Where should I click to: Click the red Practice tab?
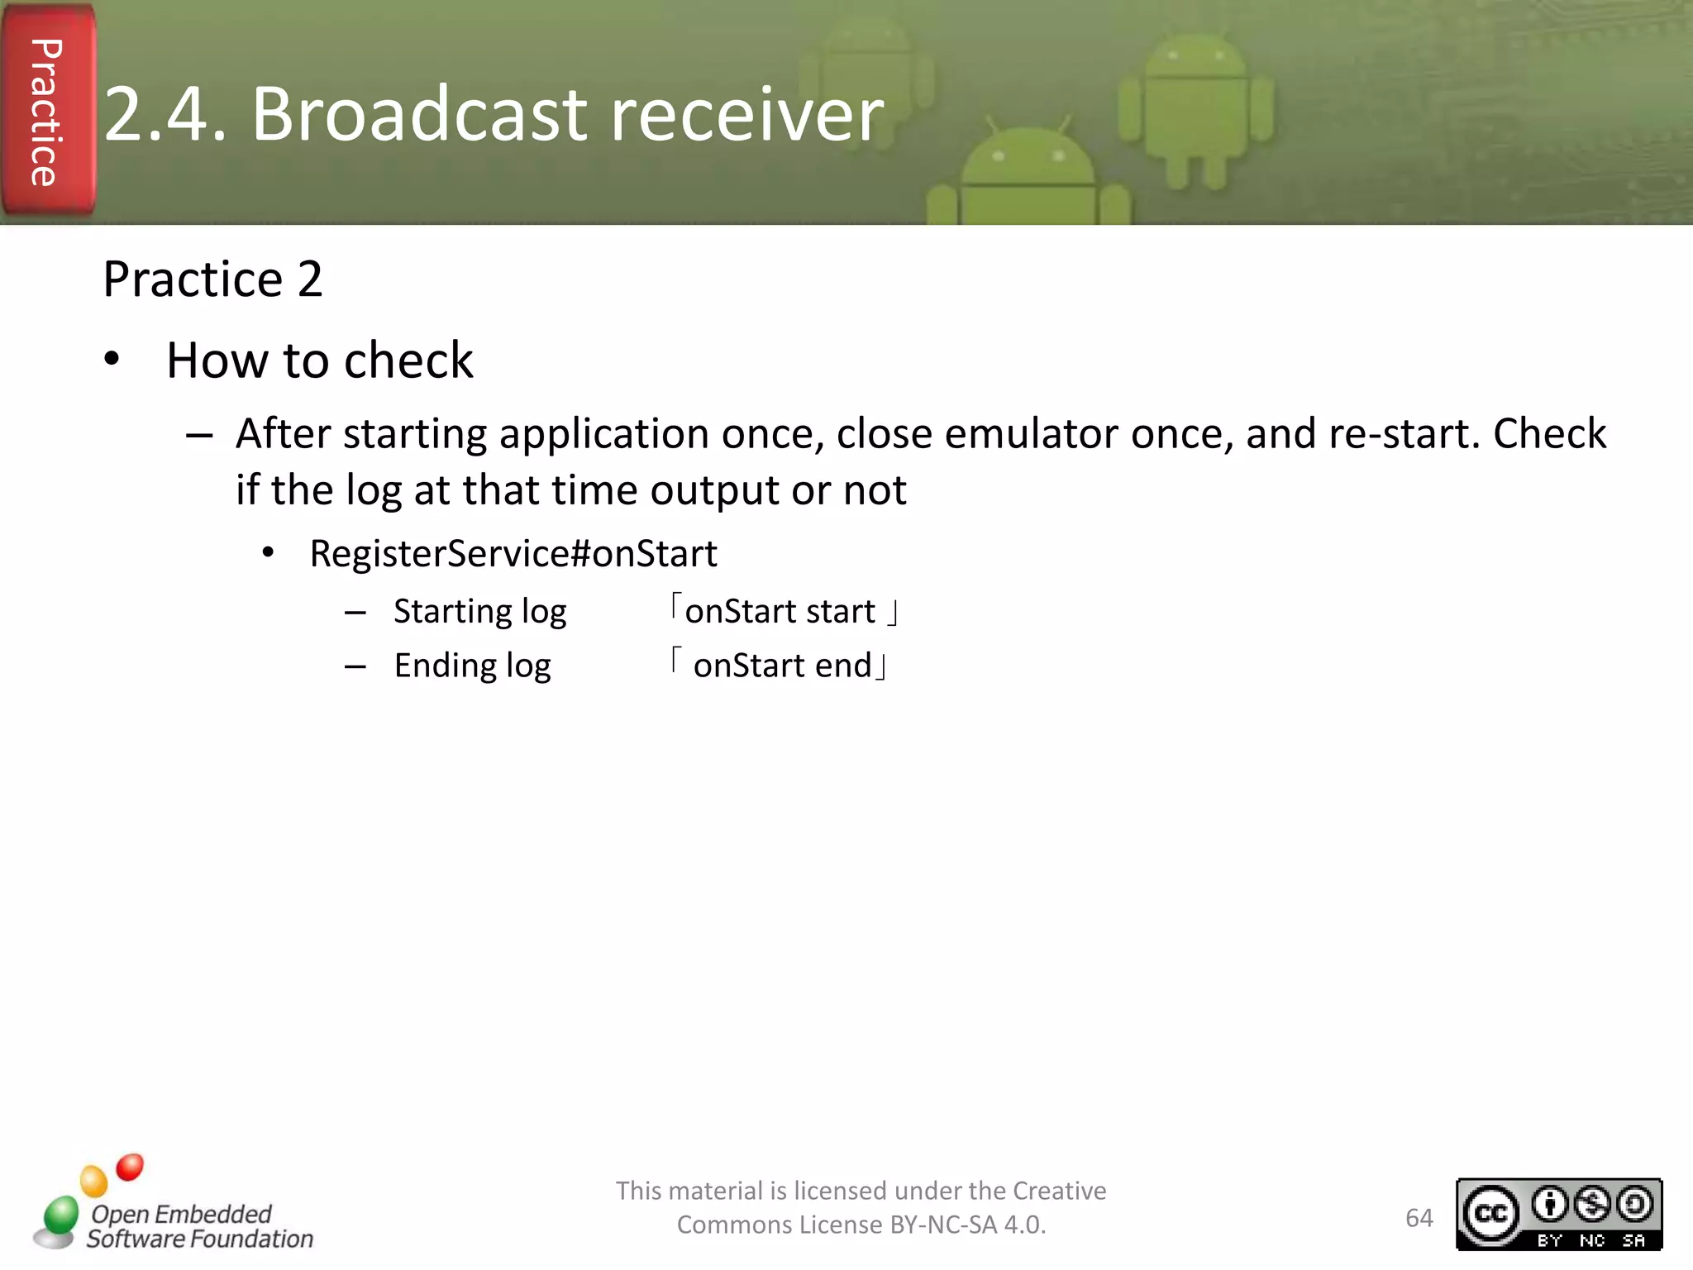click(48, 112)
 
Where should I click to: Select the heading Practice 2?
click(212, 279)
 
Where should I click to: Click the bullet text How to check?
click(319, 360)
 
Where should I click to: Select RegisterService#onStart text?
click(513, 553)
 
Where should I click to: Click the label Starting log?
click(479, 612)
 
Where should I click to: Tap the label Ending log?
click(472, 666)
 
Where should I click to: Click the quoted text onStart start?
click(781, 612)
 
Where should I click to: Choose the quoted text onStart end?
click(781, 666)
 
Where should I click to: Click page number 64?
click(1419, 1218)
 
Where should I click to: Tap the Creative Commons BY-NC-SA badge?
click(1558, 1215)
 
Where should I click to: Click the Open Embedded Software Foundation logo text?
click(198, 1226)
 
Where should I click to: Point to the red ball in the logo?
click(130, 1167)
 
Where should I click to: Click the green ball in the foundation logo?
click(60, 1215)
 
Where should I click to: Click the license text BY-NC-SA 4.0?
click(967, 1225)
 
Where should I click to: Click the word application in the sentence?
click(603, 434)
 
